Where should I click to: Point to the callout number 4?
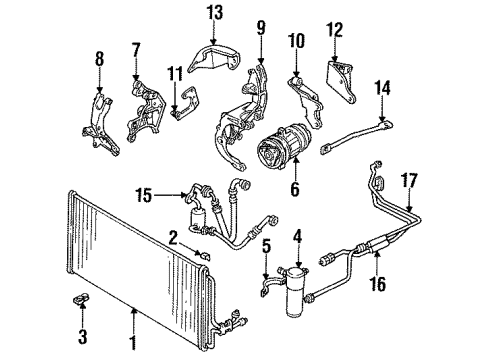(x=296, y=237)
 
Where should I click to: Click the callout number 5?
(x=266, y=245)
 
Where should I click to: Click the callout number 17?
(x=436, y=182)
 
